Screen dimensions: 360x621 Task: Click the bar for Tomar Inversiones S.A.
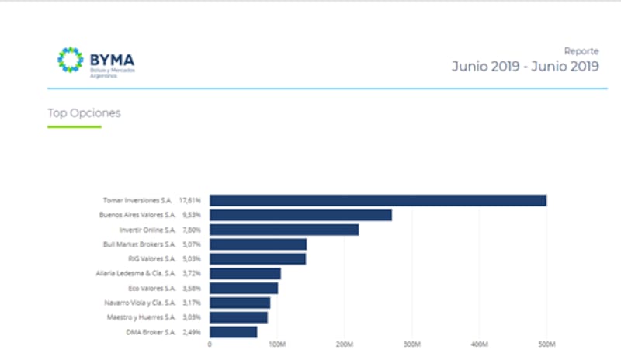tap(378, 200)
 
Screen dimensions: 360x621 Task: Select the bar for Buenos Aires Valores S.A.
tap(300, 215)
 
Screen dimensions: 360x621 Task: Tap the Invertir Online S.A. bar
tap(284, 230)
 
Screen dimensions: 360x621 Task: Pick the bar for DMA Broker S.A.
tap(233, 332)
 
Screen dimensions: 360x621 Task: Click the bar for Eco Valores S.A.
tap(244, 288)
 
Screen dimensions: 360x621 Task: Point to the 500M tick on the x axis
tap(546, 344)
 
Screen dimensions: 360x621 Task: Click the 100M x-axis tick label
tap(277, 344)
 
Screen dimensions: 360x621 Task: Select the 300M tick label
tap(412, 344)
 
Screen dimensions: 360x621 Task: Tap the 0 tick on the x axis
tap(210, 344)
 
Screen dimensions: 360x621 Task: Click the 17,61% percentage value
tap(190, 200)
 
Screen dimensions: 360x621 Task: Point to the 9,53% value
tap(191, 215)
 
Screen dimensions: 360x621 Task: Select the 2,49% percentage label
tap(191, 332)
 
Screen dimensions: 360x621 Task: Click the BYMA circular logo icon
tap(70, 60)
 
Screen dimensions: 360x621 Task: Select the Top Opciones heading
tap(84, 113)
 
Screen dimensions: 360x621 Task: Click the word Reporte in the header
tap(581, 51)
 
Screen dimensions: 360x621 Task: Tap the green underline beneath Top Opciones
tap(75, 126)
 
